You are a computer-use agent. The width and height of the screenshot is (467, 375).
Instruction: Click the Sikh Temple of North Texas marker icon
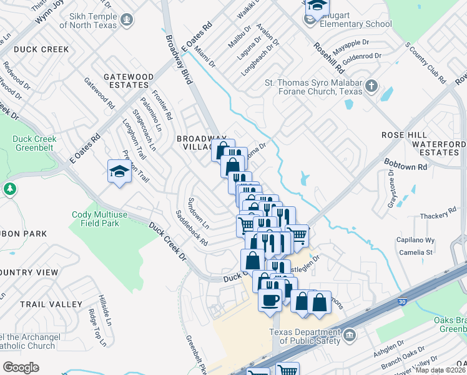tap(127, 20)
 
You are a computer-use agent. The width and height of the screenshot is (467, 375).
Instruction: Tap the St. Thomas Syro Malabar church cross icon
tap(371, 86)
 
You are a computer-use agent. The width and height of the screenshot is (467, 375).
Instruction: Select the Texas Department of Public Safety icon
tap(348, 336)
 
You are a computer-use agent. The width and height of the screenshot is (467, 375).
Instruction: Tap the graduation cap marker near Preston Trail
tap(118, 172)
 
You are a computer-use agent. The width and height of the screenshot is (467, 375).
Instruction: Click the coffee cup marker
tap(270, 299)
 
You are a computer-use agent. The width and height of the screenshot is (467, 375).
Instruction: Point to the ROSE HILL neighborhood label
tap(404, 135)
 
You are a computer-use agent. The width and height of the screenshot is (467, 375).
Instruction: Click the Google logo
tap(21, 367)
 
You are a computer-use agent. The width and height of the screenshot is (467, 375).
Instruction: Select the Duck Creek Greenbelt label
tap(34, 144)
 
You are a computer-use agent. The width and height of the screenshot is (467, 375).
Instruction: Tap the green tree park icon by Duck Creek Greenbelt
tap(9, 188)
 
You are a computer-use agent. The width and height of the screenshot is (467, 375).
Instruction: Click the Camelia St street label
tap(417, 252)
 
